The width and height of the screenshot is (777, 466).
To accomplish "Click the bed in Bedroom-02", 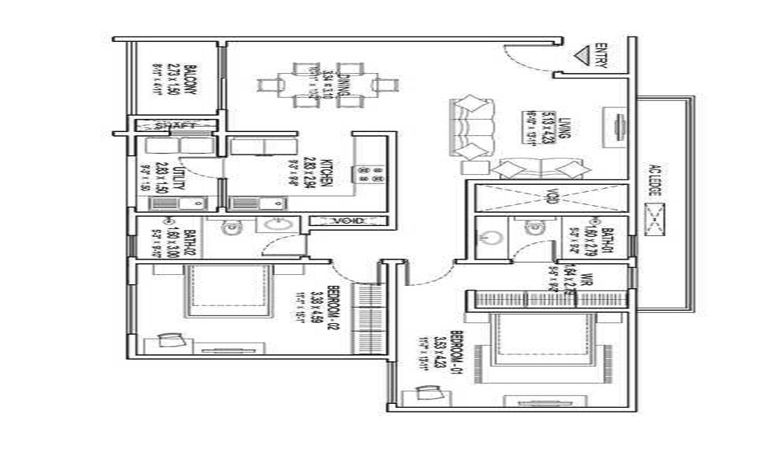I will tap(228, 291).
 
